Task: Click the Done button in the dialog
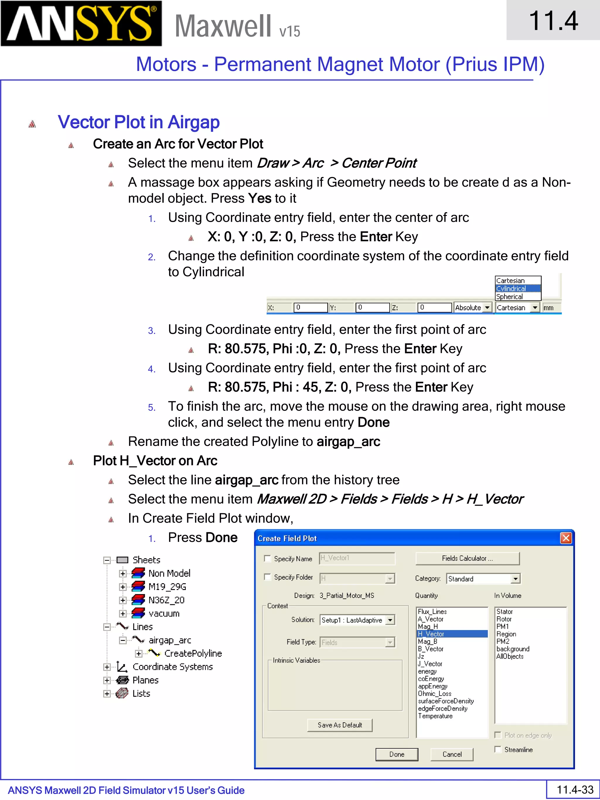(x=397, y=754)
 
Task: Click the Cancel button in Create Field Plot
(x=452, y=754)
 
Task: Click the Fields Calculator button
(x=467, y=558)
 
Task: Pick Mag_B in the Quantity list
(x=428, y=641)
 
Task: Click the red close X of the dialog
(x=566, y=538)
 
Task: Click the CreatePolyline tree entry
(x=193, y=653)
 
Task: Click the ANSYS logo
(x=81, y=23)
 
